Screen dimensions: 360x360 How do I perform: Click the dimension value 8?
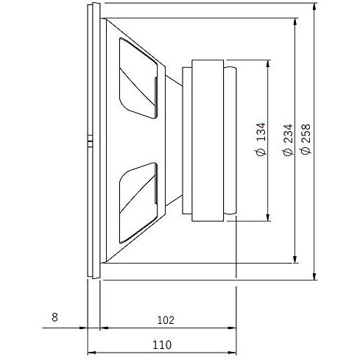click(54, 317)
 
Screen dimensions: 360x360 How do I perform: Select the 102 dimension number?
click(166, 320)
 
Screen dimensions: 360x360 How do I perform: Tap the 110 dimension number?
click(162, 345)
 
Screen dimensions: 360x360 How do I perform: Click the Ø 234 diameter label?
click(288, 140)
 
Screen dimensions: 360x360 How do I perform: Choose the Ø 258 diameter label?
click(306, 139)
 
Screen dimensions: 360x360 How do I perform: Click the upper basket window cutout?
click(138, 78)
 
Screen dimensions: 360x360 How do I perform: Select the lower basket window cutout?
click(138, 203)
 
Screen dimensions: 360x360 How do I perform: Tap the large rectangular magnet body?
click(208, 141)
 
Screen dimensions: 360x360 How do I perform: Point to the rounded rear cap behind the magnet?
click(230, 141)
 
